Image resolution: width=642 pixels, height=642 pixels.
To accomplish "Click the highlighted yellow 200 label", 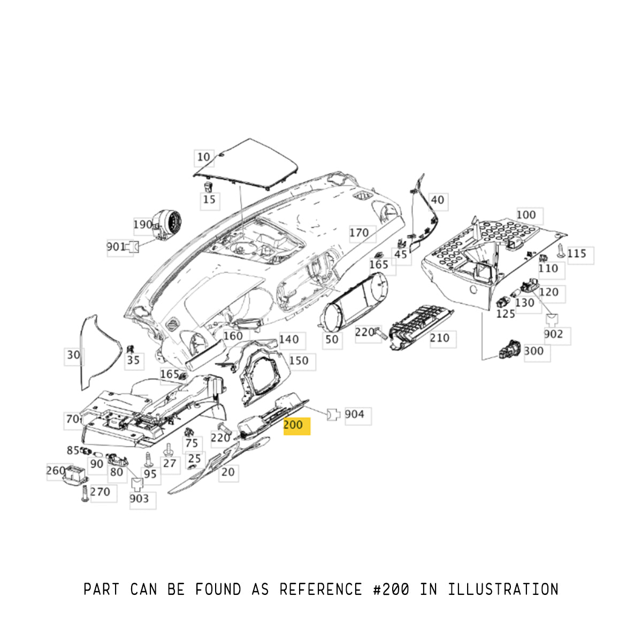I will point(296,425).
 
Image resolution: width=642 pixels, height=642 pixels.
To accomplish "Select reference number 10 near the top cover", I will point(203,157).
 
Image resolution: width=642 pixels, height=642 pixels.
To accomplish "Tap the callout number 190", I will point(143,225).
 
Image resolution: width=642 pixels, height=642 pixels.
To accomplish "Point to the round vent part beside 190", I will point(169,225).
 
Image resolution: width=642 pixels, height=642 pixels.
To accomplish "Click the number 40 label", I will point(437,200).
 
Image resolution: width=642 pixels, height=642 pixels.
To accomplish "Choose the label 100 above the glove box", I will point(526,215).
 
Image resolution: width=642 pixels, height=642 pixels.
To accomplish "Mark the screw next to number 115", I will point(560,251).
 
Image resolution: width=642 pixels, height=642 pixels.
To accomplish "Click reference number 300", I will point(533,351).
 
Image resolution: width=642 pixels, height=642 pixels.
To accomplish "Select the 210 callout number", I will point(440,338).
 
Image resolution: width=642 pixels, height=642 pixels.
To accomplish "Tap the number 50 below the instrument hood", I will point(332,339).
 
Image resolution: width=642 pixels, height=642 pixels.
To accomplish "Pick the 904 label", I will point(354,415).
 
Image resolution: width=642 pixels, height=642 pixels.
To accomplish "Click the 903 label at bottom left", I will point(139,499).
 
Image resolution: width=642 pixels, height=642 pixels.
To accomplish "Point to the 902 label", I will point(553,334).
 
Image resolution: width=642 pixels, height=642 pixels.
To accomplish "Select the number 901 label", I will point(116,247).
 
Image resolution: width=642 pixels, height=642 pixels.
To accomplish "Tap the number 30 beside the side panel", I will point(73,355).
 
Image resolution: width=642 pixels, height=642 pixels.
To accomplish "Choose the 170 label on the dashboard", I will point(359,233).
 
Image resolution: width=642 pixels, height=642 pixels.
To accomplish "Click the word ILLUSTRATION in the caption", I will point(503,590).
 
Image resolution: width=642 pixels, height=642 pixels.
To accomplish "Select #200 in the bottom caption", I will point(391,590).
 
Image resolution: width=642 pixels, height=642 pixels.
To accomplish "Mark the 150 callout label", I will point(299,361).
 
